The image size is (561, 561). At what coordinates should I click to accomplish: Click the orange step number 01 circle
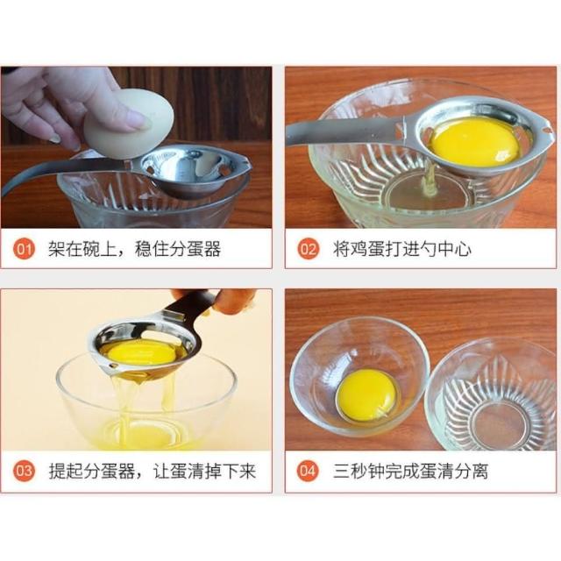(x=25, y=248)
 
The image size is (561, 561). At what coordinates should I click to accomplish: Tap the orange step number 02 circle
(x=308, y=248)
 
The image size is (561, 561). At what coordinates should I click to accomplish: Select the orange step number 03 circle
(x=25, y=471)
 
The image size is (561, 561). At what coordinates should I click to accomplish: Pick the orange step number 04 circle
(x=308, y=471)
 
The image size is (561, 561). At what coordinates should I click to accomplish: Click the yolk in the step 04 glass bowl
(x=367, y=395)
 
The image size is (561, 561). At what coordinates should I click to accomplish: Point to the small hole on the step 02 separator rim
(x=547, y=128)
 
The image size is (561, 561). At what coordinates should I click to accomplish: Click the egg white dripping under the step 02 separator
(x=430, y=179)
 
